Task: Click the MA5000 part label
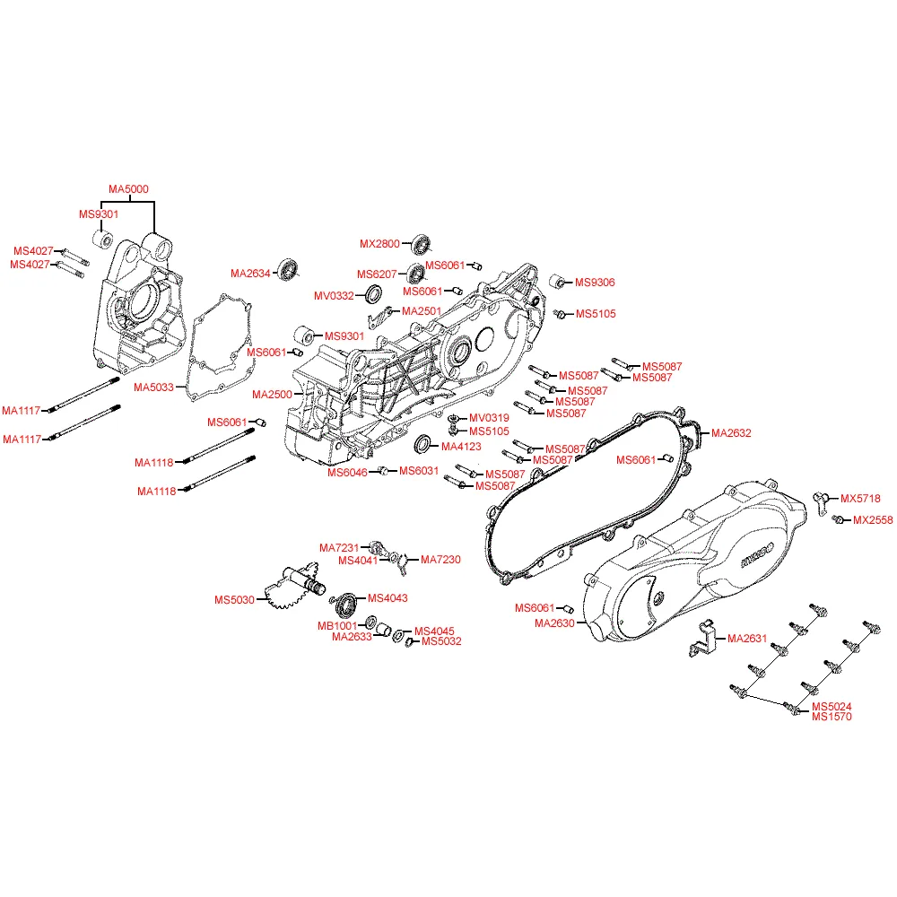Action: point(128,189)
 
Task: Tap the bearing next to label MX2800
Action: point(421,243)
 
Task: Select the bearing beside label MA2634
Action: point(288,269)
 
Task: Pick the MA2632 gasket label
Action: point(731,433)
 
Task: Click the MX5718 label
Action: point(860,499)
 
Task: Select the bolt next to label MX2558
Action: point(838,519)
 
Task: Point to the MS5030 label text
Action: point(234,599)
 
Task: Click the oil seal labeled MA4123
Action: point(422,445)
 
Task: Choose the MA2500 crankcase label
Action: point(272,395)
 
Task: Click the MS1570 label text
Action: point(832,717)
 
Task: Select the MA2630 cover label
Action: point(554,623)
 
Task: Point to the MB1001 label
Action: point(339,625)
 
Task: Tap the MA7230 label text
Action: point(440,560)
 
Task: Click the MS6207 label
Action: point(377,274)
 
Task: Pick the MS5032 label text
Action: point(441,641)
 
